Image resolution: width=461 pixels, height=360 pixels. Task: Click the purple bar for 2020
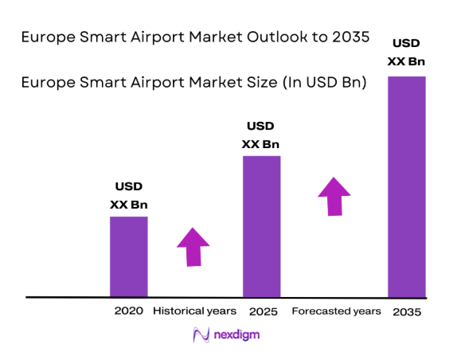pyautogui.click(x=128, y=256)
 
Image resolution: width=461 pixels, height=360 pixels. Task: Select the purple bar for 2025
pyautogui.click(x=261, y=226)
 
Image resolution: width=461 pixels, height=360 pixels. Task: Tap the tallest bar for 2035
pyautogui.click(x=406, y=186)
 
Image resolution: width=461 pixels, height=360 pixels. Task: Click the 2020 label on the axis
pyautogui.click(x=128, y=311)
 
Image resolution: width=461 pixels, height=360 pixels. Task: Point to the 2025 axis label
pyautogui.click(x=262, y=311)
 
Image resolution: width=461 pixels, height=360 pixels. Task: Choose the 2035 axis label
pyautogui.click(x=406, y=311)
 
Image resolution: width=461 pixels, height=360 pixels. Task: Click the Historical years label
pyautogui.click(x=194, y=311)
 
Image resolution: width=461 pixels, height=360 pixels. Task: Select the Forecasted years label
pyautogui.click(x=337, y=311)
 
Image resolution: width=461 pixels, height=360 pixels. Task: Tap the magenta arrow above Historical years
pyautogui.click(x=193, y=246)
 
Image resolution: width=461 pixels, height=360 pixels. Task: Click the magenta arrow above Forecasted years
pyautogui.click(x=334, y=196)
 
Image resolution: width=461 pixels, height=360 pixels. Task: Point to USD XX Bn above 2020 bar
pyautogui.click(x=128, y=195)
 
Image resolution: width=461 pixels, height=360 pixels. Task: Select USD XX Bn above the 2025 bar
pyautogui.click(x=261, y=135)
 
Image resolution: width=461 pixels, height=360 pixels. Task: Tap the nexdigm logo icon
pyautogui.click(x=201, y=335)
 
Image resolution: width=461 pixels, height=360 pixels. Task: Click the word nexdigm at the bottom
pyautogui.click(x=236, y=336)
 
